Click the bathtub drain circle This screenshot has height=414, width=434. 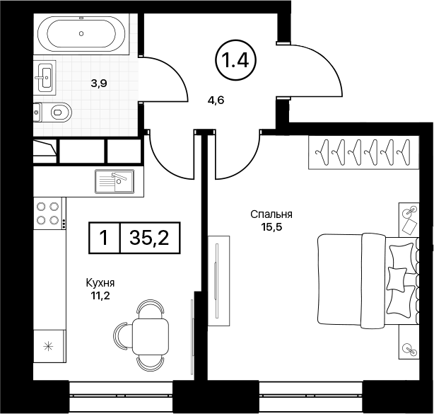click(81, 33)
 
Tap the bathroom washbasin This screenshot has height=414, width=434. click(45, 76)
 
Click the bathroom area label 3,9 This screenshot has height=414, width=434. click(99, 83)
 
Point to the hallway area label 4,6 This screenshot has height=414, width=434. click(216, 100)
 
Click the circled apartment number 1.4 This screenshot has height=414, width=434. click(235, 61)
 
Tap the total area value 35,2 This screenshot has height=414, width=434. click(149, 238)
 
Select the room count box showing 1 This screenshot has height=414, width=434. click(104, 238)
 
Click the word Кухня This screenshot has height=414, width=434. click(100, 283)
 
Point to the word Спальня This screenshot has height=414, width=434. click(271, 214)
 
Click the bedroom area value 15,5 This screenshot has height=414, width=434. click(271, 227)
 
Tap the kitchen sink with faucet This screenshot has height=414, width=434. click(115, 181)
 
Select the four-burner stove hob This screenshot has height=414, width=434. click(48, 214)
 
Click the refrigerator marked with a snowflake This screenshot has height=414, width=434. click(49, 346)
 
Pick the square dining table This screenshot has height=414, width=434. click(151, 335)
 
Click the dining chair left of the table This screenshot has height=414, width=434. click(122, 335)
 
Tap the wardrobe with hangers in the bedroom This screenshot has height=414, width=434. click(364, 152)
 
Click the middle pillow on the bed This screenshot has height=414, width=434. click(397, 279)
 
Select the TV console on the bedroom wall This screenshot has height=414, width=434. click(218, 281)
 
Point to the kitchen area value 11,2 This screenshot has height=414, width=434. click(100, 297)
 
